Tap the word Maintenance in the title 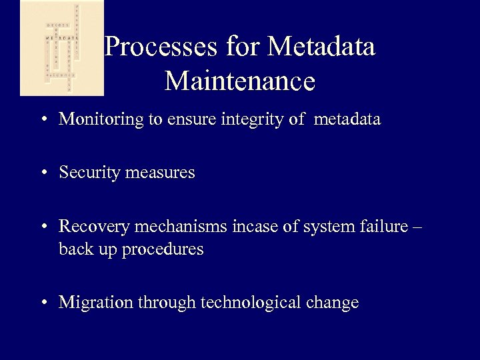click(x=239, y=82)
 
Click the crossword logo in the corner click(x=61, y=48)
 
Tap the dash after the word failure click(x=418, y=227)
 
